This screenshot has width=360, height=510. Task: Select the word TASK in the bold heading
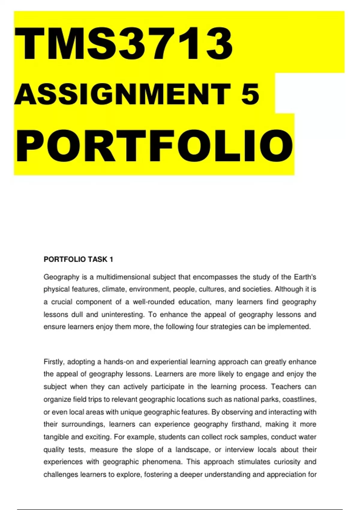(x=99, y=259)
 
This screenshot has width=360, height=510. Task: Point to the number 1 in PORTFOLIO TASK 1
(x=111, y=259)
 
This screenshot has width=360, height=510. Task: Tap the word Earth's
(x=305, y=277)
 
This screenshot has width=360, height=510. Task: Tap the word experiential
(x=169, y=362)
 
